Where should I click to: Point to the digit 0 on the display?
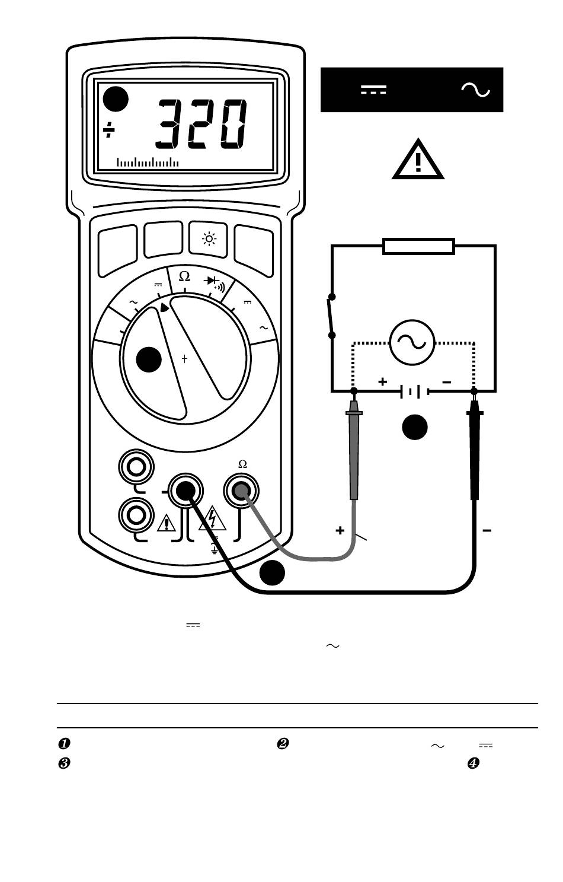(233, 124)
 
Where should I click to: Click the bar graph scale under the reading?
(148, 162)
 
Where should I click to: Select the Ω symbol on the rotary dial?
(184, 276)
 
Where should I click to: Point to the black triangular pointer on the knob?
(164, 307)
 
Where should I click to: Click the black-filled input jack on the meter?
(185, 491)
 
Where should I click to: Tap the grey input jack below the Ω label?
(241, 491)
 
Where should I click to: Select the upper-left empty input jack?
(136, 467)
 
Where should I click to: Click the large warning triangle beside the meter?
(418, 159)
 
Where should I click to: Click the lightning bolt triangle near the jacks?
(212, 518)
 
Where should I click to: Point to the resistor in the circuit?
(418, 246)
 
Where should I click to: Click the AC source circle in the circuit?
(412, 342)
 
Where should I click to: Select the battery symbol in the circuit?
(414, 392)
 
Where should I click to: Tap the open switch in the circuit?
(332, 316)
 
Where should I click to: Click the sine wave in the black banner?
(476, 90)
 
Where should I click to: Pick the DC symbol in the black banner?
(374, 90)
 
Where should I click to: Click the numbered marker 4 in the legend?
(474, 763)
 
